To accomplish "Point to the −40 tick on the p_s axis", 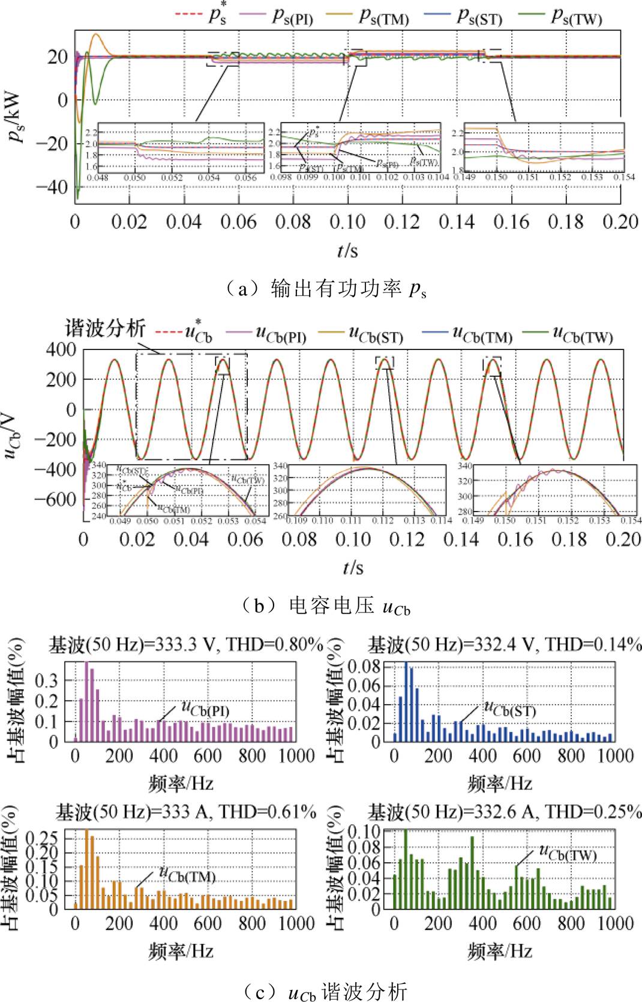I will (x=53, y=187).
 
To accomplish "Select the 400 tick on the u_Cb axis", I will (x=61, y=349).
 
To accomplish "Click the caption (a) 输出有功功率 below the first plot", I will (x=325, y=289).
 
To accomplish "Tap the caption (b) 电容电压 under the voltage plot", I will (x=325, y=606).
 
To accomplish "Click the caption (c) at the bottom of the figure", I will (x=325, y=991).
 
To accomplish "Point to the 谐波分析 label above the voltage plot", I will (x=106, y=328).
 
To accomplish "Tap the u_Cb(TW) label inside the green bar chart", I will (x=568, y=853).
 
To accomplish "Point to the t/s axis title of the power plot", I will (x=347, y=250).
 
